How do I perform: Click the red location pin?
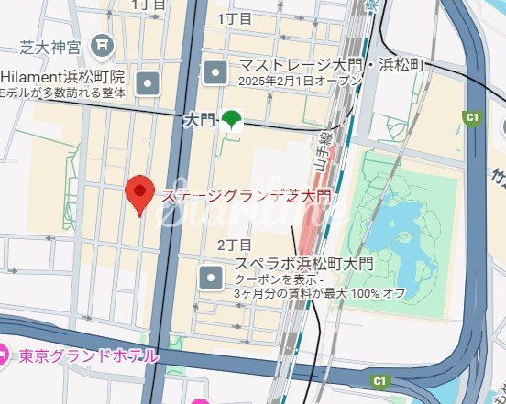click(x=138, y=193)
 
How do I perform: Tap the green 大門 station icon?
click(x=233, y=119)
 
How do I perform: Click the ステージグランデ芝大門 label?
click(x=246, y=195)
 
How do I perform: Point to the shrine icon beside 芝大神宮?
click(x=102, y=42)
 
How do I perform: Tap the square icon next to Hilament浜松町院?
click(x=148, y=85)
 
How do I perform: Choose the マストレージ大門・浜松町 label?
click(x=332, y=65)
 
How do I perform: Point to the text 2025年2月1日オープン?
click(x=300, y=82)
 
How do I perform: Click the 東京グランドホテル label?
click(x=88, y=355)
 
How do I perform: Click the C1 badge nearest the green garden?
click(x=473, y=117)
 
